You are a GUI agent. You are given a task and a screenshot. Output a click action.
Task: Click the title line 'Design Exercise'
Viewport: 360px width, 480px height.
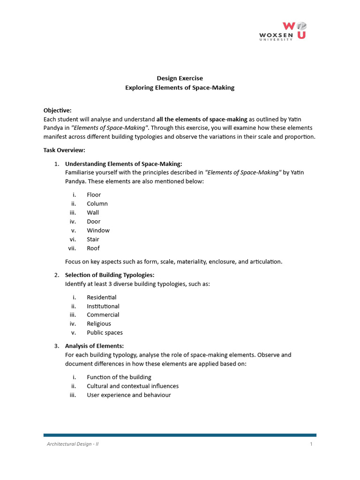pos(180,78)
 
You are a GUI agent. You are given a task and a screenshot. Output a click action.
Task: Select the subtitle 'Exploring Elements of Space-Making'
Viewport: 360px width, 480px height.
pos(180,88)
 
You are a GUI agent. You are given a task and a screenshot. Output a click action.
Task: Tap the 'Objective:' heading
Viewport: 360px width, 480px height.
pos(57,110)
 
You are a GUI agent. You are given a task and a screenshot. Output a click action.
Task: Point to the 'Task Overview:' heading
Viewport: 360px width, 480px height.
pos(64,150)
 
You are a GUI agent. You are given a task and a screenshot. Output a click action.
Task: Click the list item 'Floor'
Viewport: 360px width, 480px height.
pos(94,195)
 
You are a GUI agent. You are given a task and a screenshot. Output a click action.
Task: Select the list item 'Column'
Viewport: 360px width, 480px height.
pos(97,203)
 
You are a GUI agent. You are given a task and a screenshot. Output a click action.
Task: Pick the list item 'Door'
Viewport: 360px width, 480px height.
pos(93,221)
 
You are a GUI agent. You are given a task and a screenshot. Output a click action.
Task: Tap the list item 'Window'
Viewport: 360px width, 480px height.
pos(98,230)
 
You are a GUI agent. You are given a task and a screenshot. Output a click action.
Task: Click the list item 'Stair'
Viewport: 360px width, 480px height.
pos(93,239)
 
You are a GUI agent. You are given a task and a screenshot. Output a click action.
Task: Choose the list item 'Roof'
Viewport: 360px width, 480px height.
pos(93,248)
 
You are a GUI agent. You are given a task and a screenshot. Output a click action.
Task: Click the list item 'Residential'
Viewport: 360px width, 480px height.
pos(101,297)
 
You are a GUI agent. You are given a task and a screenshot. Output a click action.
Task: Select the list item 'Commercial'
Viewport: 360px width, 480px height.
pos(103,315)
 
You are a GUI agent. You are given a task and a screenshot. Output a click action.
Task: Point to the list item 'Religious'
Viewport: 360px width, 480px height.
pos(99,323)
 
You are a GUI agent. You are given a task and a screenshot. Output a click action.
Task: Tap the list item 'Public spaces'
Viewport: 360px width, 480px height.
pos(105,332)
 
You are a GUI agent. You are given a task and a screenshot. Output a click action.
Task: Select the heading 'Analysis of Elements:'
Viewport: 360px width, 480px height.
pos(94,346)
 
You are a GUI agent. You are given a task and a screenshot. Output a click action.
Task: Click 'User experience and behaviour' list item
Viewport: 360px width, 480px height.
pos(128,395)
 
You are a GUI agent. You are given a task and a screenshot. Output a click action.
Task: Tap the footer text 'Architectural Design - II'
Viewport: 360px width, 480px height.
pos(72,444)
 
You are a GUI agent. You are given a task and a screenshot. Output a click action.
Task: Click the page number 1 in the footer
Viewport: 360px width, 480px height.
pos(311,444)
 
